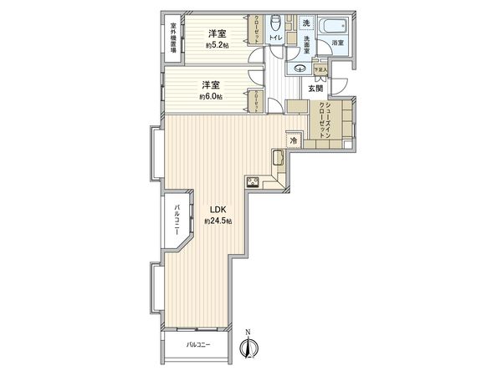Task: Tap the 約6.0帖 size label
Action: (210, 96)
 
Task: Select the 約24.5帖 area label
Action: (218, 221)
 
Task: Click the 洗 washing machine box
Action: (306, 22)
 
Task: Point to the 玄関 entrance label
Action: (315, 88)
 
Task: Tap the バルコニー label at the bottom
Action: (197, 344)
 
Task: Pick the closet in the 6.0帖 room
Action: (255, 100)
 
